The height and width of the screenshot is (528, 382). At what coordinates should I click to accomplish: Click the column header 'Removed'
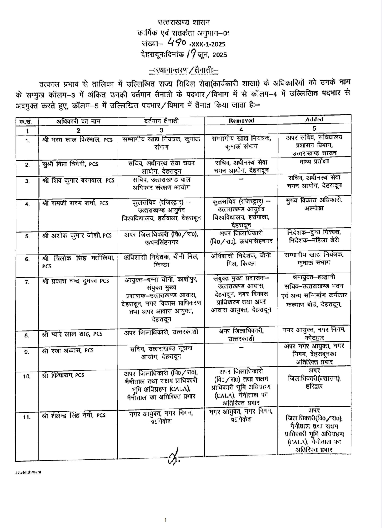241,121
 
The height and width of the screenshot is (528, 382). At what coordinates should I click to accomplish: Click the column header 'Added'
314,120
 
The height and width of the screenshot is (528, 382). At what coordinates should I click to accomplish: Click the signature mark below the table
173,459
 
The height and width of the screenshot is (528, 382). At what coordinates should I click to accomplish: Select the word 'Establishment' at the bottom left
28,472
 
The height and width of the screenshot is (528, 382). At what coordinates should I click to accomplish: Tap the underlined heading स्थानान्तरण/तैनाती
184,70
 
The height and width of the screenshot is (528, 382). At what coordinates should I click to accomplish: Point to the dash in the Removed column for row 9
241,348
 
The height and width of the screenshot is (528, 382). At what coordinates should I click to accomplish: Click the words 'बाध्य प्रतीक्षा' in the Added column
314,161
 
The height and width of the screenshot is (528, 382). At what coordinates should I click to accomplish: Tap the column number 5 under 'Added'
314,128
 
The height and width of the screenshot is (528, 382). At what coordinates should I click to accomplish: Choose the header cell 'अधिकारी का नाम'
78,121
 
